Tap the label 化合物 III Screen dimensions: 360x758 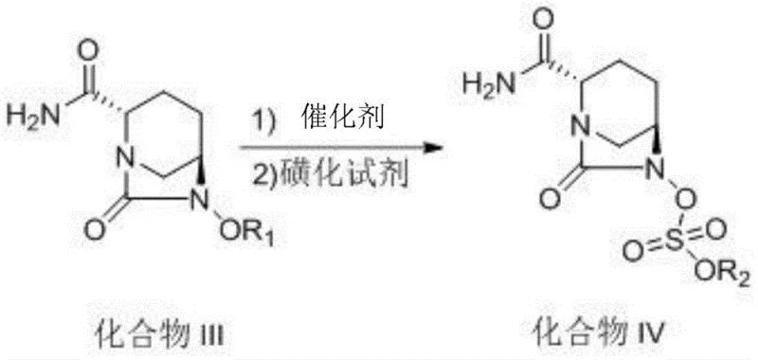pos(162,333)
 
